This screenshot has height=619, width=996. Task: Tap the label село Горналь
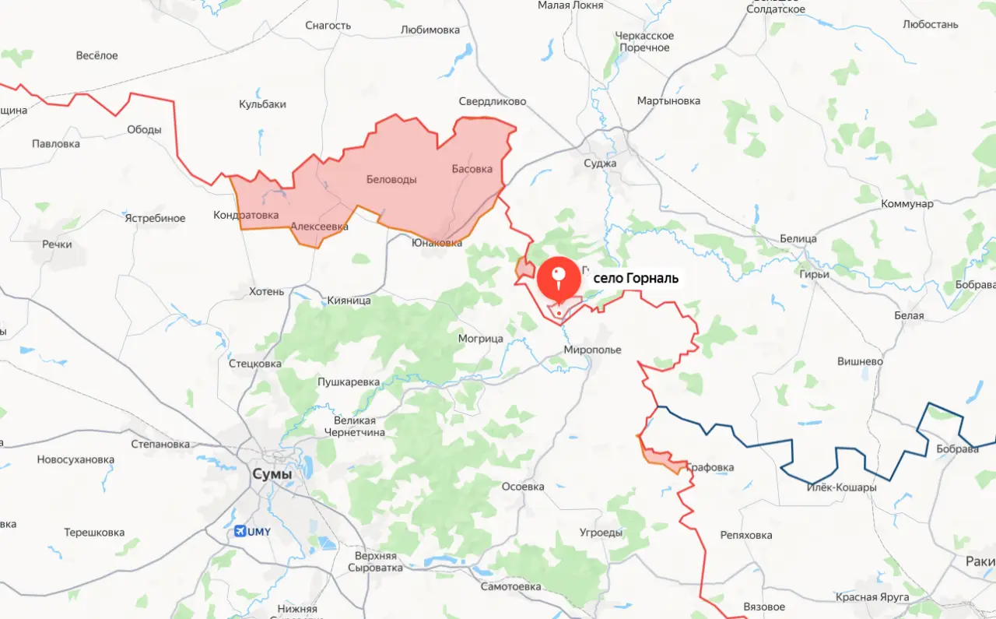coord(636,278)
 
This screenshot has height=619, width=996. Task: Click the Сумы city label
coord(272,474)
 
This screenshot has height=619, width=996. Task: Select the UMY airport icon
coord(241,531)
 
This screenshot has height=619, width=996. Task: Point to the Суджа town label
coord(600,164)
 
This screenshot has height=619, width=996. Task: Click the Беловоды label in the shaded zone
coord(391,180)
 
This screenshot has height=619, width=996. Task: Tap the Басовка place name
coord(472,169)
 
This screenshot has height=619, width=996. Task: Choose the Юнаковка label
coord(437,243)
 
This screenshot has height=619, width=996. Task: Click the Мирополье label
coord(593,350)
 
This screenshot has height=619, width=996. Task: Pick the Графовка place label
coord(710,467)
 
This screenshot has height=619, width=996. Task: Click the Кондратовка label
coord(246,215)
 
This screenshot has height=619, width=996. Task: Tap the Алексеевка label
coord(319,227)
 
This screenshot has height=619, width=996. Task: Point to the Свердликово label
coord(493,102)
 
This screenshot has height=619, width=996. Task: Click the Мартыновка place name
coord(668,101)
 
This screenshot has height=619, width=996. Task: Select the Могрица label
coord(480,339)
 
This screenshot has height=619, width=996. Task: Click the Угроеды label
coord(601,533)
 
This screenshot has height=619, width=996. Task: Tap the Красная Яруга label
coord(872,597)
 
